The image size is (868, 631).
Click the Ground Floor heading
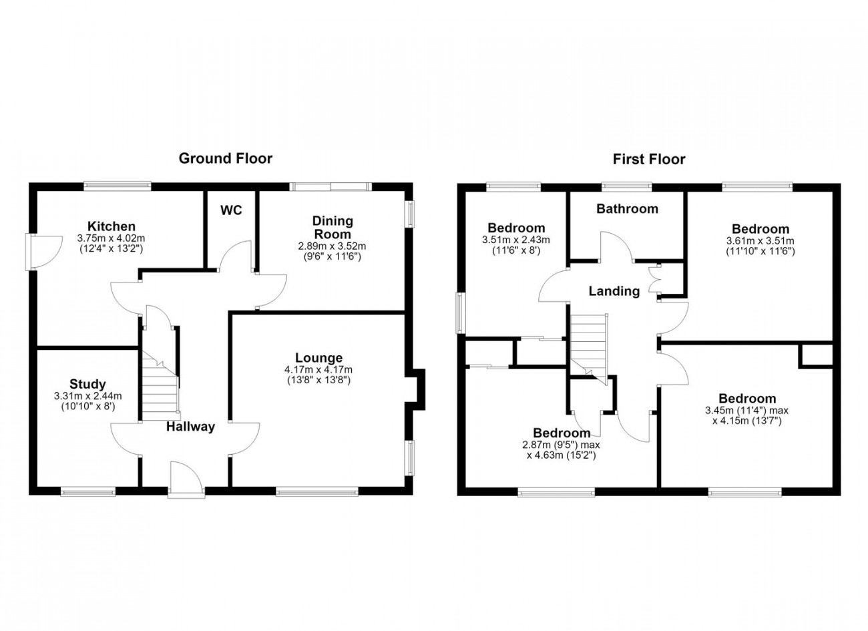[x=225, y=158]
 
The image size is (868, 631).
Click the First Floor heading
[x=649, y=160]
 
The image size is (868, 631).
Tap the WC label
[x=231, y=210]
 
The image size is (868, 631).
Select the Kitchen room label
[x=112, y=226]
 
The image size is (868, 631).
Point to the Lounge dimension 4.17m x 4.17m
[x=318, y=370]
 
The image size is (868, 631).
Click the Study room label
[x=87, y=384]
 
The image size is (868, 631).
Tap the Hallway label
[x=191, y=427]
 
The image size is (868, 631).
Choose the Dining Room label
[x=333, y=228]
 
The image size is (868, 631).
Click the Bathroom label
[x=627, y=209]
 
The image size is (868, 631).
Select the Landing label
[x=614, y=291]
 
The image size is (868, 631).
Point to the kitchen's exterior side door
[x=44, y=252]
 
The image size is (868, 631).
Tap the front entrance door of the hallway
[x=186, y=479]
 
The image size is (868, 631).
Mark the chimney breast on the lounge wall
[x=416, y=389]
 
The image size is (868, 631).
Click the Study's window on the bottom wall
[x=88, y=492]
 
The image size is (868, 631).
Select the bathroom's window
[x=626, y=187]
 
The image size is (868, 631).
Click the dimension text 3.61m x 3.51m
[x=761, y=240]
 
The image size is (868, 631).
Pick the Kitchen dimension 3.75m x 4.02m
[x=112, y=238]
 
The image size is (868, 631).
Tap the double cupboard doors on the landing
[x=654, y=281]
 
